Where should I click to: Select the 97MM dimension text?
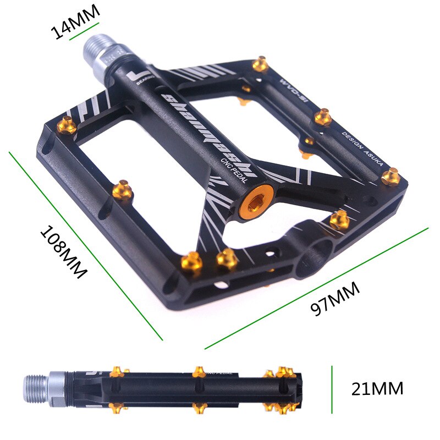click(335, 299)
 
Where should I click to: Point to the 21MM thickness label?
click(377, 389)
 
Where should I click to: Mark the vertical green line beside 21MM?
click(332, 389)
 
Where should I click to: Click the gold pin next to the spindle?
click(260, 65)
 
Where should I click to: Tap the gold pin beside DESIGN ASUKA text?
click(391, 176)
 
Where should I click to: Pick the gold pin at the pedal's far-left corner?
click(65, 126)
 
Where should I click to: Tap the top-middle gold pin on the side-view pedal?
click(200, 372)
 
